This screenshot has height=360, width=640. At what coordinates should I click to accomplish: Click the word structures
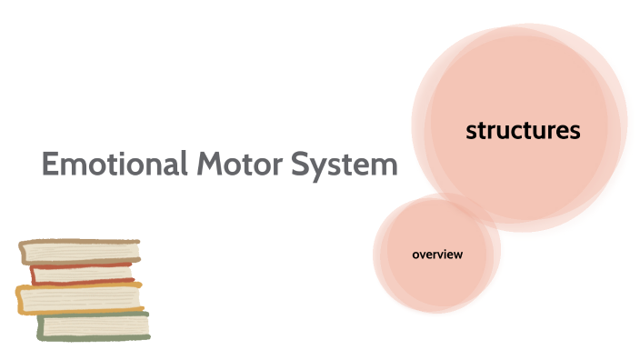(x=523, y=131)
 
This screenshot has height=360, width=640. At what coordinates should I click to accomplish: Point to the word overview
(x=437, y=255)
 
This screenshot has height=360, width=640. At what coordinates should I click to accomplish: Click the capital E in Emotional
(x=51, y=165)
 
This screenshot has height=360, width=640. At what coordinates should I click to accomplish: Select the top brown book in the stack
(x=82, y=251)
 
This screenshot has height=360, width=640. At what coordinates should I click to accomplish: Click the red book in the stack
(x=82, y=273)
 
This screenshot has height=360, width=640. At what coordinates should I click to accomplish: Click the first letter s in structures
(x=471, y=132)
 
